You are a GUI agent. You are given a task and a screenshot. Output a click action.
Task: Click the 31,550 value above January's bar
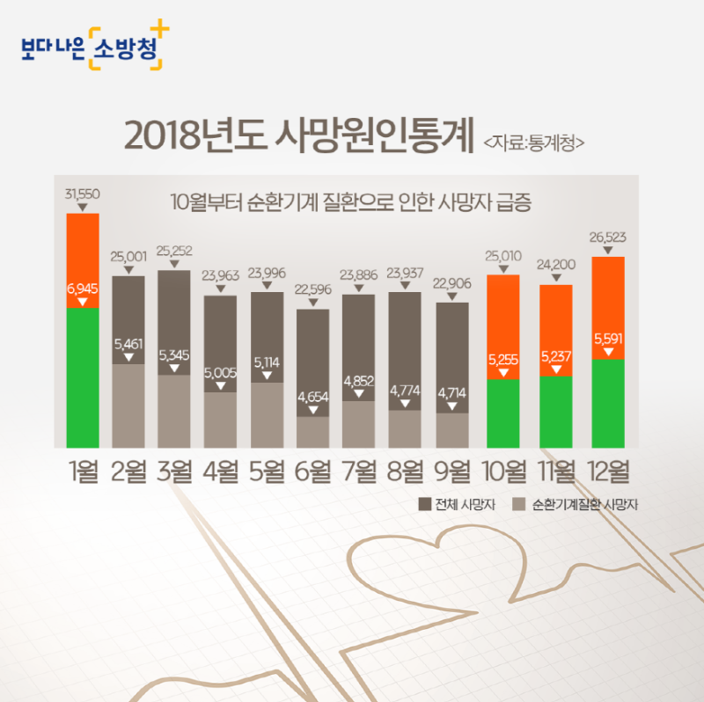(82, 194)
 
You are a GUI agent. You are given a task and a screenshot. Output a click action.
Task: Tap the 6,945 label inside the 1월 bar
(82, 289)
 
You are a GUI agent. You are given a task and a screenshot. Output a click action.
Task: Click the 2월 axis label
(128, 472)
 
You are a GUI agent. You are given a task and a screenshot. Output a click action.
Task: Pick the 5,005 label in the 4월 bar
(220, 373)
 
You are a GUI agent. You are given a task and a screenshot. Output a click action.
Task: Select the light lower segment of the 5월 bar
(267, 415)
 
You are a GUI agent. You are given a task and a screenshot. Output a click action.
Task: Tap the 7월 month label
(359, 472)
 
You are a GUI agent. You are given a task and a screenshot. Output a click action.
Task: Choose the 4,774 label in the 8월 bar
(405, 391)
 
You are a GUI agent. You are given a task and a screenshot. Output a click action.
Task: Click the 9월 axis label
(451, 472)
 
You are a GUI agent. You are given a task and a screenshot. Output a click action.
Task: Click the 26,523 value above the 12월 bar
(607, 238)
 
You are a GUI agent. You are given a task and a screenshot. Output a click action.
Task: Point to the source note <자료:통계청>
(533, 141)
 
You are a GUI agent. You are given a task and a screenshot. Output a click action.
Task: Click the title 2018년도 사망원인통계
(299, 135)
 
